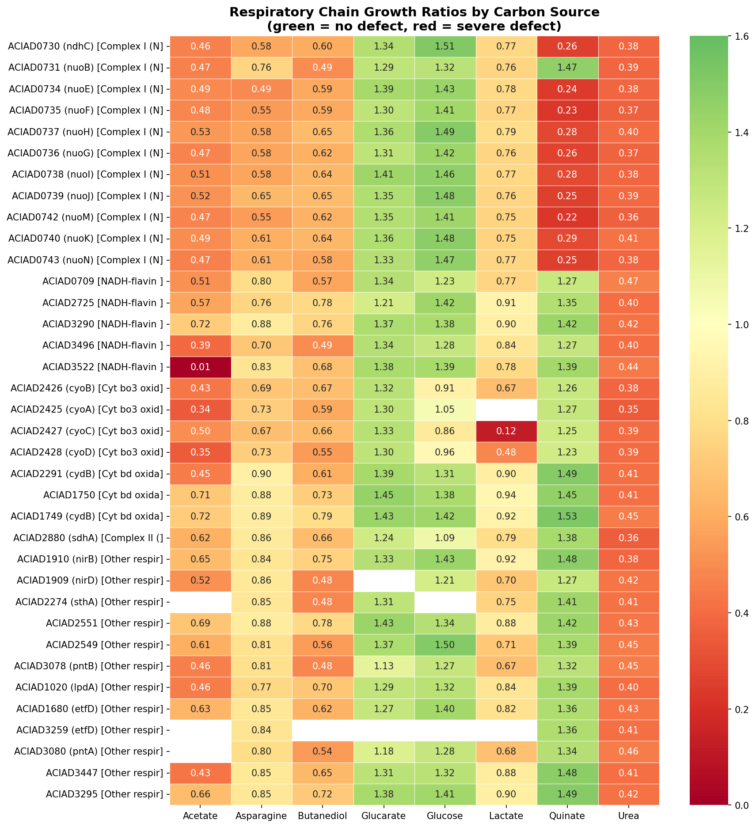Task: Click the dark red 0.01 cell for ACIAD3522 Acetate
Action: pyautogui.click(x=201, y=367)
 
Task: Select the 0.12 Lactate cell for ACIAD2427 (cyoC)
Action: pyautogui.click(x=506, y=431)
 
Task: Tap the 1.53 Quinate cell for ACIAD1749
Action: pyautogui.click(x=567, y=516)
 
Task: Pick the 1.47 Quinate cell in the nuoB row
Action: pyautogui.click(x=567, y=68)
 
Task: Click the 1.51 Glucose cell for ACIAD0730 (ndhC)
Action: pyautogui.click(x=445, y=46)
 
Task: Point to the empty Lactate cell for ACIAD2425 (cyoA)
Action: pyautogui.click(x=506, y=410)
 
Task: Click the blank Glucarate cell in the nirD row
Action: pyautogui.click(x=384, y=580)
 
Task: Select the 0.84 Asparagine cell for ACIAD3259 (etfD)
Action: pyautogui.click(x=262, y=730)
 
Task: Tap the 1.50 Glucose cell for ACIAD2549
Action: pyautogui.click(x=445, y=645)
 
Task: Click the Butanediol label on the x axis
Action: pyautogui.click(x=323, y=816)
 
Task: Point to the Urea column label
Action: pyautogui.click(x=628, y=816)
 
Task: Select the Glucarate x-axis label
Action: pyautogui.click(x=384, y=816)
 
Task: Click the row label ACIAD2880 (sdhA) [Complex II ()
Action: pyautogui.click(x=88, y=538)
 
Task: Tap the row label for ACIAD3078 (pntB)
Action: pyautogui.click(x=88, y=666)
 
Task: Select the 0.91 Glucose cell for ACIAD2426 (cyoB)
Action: pyautogui.click(x=445, y=388)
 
